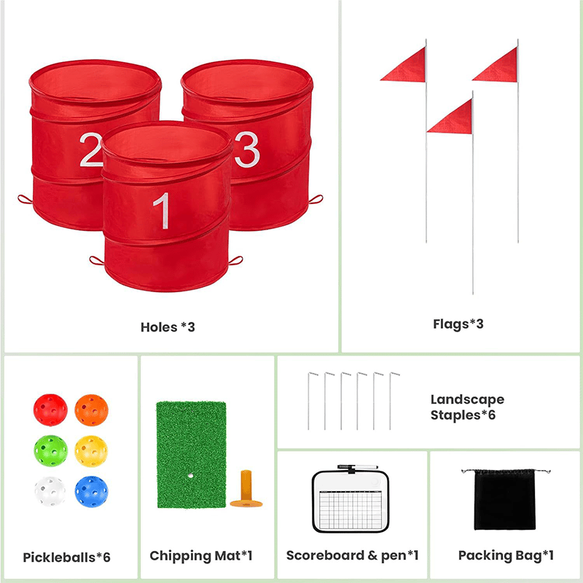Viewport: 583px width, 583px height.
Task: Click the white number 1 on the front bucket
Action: pos(162,211)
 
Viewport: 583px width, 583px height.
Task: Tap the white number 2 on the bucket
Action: pos(90,149)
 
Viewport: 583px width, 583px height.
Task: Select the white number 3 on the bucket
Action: pos(247,149)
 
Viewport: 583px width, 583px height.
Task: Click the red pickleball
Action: pos(50,410)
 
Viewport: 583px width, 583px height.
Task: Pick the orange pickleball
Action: pos(92,410)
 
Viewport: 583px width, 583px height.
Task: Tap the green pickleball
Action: pos(50,450)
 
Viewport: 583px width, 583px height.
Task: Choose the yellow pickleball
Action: pos(91,450)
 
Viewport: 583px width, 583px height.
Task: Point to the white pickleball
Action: pos(50,491)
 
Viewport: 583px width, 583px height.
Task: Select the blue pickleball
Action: pos(92,491)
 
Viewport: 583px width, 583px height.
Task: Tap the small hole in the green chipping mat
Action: pos(190,476)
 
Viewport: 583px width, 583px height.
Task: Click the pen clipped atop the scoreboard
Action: pos(358,467)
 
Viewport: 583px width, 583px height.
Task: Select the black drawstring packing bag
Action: pos(505,499)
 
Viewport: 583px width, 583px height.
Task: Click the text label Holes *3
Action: pos(168,327)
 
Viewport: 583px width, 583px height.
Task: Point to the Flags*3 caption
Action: pos(458,324)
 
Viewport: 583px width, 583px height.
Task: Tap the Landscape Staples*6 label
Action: pos(467,407)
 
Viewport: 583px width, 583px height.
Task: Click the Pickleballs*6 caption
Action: pos(67,557)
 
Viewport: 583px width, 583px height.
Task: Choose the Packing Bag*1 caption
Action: pos(506,555)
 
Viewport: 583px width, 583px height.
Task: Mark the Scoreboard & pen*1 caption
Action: pos(353,555)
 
